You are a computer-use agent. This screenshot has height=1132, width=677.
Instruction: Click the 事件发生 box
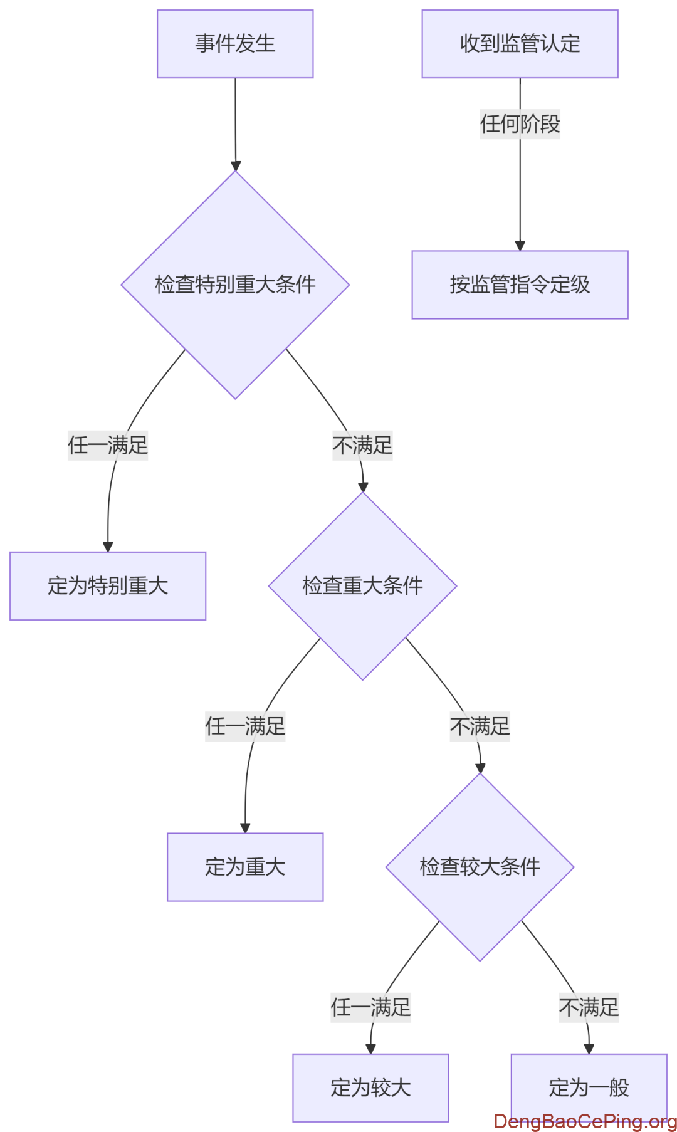click(235, 44)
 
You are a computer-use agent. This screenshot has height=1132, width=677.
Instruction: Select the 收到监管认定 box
click(520, 44)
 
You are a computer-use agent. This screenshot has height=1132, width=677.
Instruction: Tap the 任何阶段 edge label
click(520, 123)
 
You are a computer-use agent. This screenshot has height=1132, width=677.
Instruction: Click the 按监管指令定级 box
click(520, 285)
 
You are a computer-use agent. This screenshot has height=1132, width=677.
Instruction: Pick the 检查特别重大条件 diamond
click(235, 285)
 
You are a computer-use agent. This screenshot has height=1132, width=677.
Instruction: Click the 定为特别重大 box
click(108, 586)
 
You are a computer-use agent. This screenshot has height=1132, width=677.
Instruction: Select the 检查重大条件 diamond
click(362, 585)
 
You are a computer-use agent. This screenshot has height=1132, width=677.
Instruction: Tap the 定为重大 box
click(245, 867)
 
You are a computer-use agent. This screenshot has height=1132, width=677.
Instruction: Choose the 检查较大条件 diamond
click(480, 867)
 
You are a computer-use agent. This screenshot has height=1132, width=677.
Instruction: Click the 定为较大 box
click(370, 1087)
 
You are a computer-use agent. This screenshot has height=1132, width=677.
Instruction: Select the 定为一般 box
click(589, 1087)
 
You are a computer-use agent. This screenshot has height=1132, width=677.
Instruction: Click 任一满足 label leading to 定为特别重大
click(108, 446)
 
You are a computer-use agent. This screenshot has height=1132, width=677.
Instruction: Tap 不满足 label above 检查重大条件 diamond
click(362, 446)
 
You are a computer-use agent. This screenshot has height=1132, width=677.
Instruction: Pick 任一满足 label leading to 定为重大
click(245, 726)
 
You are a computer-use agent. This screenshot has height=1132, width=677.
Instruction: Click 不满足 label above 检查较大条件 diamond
click(480, 726)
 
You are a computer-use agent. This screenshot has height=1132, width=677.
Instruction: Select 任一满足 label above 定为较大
click(370, 1008)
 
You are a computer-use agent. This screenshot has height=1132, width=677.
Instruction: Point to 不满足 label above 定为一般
click(589, 1008)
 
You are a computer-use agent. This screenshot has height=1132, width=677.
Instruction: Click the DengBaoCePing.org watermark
click(585, 1121)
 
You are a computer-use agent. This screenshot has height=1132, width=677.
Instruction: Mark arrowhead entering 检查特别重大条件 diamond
click(236, 166)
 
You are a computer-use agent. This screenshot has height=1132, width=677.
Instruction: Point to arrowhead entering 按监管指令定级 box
click(520, 246)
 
